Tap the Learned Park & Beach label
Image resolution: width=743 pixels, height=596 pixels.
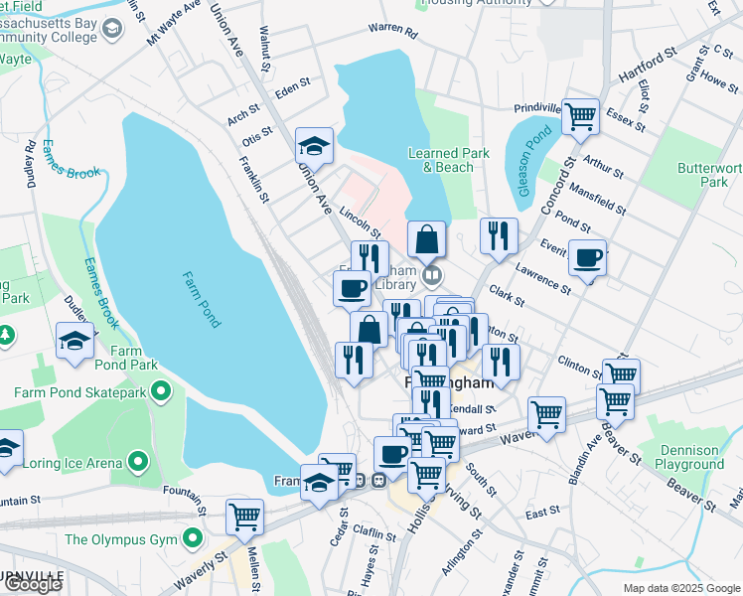(448, 160)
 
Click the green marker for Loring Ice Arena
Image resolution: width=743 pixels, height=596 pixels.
(137, 462)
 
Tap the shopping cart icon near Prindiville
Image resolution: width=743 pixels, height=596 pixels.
(580, 115)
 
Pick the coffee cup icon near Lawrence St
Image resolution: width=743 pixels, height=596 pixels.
(587, 257)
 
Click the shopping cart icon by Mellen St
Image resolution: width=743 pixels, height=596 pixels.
(244, 516)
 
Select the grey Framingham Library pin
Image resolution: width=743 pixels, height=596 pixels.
(431, 274)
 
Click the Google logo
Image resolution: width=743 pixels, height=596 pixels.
(33, 584)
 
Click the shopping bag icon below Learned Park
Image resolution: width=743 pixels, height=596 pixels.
(426, 239)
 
